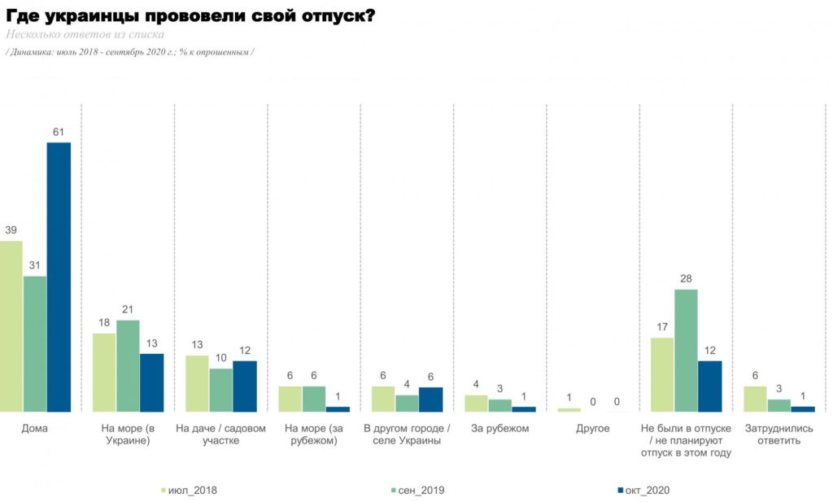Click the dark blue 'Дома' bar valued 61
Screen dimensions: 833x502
[59, 277]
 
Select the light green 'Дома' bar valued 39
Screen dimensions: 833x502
[11, 326]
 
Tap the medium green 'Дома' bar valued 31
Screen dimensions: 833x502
[34, 343]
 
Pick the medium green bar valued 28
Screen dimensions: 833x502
[686, 351]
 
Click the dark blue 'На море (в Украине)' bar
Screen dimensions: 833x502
[152, 382]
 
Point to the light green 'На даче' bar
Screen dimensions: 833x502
[197, 383]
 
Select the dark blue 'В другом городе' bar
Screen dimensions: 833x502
[431, 399]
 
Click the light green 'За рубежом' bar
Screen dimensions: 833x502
[477, 404]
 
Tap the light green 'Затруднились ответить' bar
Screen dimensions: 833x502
[756, 399]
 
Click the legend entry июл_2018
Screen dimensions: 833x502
[189, 491]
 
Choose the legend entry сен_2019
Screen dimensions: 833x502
[417, 491]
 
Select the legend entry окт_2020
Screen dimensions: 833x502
[644, 491]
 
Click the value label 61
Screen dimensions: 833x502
[59, 132]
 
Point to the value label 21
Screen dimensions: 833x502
[128, 309]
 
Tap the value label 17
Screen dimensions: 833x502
[662, 327]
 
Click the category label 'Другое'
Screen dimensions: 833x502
[593, 428]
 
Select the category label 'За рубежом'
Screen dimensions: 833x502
[500, 428]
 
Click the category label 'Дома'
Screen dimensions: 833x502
[34, 428]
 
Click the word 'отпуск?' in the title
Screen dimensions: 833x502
[338, 16]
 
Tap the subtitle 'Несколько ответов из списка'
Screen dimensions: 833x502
[85, 34]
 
